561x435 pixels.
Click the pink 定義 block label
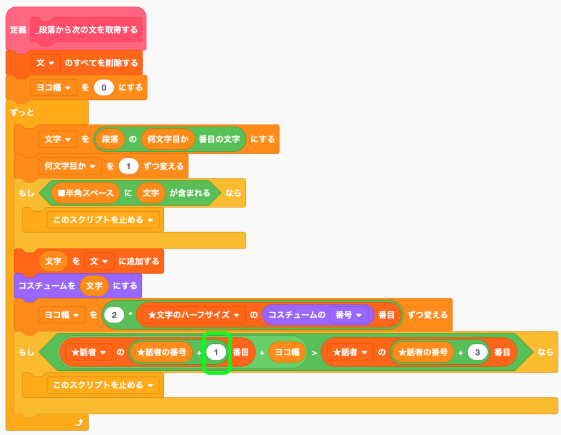point(18,29)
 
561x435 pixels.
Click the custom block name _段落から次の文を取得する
point(86,30)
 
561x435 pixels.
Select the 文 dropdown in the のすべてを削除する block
point(45,63)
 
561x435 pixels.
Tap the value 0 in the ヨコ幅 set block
point(104,87)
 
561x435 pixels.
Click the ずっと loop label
point(22,112)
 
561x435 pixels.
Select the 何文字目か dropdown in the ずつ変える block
point(70,165)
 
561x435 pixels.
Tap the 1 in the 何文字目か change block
point(129,165)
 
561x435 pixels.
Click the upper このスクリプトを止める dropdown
point(104,220)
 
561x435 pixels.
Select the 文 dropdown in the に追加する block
point(99,261)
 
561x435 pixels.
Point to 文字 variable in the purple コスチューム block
point(94,286)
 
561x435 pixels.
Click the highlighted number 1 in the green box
point(216,353)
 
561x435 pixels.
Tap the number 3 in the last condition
point(478,353)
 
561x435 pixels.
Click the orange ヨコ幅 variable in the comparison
point(287,353)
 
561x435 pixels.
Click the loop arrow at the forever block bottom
point(79,422)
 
